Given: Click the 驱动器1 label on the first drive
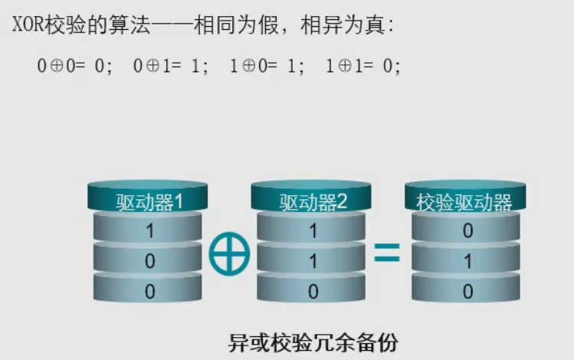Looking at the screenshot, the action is (149, 202).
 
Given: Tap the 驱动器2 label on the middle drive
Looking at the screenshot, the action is (313, 202).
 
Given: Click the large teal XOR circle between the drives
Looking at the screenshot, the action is (229, 256).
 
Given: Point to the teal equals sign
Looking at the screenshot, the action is (387, 253).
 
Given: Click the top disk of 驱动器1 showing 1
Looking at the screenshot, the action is (149, 231).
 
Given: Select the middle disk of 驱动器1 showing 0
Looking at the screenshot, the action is (149, 261).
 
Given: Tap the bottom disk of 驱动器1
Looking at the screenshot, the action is (149, 291).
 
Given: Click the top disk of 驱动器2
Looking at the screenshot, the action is (313, 231).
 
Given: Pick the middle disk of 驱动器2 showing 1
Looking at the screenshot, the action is (313, 261).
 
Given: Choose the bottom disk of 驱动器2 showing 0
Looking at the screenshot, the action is (313, 291).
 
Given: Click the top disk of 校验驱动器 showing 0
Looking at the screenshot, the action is (467, 231).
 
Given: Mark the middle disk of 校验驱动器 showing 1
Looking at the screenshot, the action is (467, 261).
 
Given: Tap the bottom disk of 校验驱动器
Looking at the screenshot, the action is (467, 291).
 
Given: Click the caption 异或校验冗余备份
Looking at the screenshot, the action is (313, 342).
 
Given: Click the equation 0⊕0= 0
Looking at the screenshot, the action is (74, 66).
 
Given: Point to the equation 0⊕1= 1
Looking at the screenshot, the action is (171, 66).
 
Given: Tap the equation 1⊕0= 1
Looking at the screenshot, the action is (267, 66).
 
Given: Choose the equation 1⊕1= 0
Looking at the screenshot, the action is (362, 66).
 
